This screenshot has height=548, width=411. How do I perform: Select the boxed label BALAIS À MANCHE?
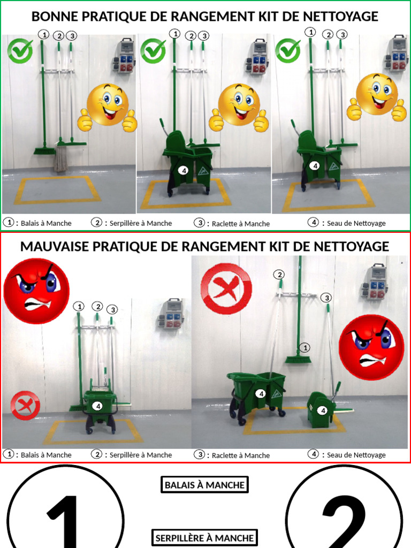point(204,485)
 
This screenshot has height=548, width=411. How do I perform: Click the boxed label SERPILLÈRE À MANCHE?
point(204,538)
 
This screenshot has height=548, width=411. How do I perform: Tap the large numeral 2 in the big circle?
point(344,522)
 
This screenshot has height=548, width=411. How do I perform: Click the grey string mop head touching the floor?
point(60,159)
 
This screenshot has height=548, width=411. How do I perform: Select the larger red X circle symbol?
point(226,288)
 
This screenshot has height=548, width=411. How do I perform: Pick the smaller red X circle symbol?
point(25,406)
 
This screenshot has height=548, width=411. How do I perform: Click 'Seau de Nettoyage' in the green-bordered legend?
point(356,223)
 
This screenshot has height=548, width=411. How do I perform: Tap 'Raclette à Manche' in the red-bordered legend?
point(241,455)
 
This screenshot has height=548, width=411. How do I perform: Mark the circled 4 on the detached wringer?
point(323,410)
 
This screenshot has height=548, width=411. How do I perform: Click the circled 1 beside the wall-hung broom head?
point(305,348)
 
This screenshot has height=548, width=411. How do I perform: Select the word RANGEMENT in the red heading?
point(222,246)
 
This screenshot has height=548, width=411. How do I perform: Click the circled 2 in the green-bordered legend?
point(96,222)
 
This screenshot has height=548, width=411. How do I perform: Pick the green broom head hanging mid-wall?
point(298,360)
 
